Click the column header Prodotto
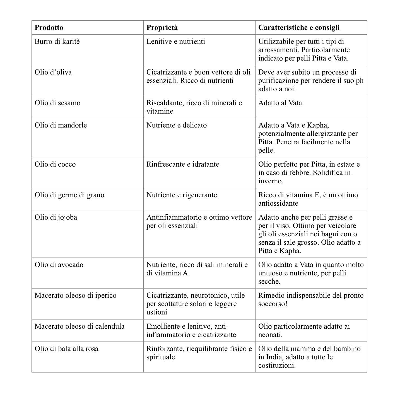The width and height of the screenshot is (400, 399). (x=49, y=28)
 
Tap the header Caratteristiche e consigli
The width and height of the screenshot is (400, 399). (x=299, y=28)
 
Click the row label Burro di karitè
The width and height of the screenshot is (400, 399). (x=57, y=42)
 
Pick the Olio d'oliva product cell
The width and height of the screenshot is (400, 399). (x=53, y=72)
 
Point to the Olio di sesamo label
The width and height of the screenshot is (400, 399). (x=57, y=103)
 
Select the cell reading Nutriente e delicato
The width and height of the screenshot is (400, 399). (x=177, y=125)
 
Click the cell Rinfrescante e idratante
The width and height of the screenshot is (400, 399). (x=183, y=164)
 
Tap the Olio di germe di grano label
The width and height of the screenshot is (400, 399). (x=69, y=195)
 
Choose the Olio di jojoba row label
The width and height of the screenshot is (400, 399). (x=56, y=217)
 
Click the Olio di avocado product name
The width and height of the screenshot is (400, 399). (x=59, y=265)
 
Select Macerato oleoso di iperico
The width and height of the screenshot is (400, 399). (x=75, y=295)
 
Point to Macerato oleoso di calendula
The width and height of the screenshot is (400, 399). (x=79, y=326)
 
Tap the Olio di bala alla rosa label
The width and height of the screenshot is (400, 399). (x=66, y=349)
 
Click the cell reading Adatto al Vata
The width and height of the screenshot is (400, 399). (x=280, y=103)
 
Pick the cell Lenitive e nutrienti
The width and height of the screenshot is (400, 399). (x=175, y=42)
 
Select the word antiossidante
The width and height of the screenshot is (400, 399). (x=278, y=203)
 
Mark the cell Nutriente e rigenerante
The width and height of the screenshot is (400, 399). (x=182, y=195)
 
